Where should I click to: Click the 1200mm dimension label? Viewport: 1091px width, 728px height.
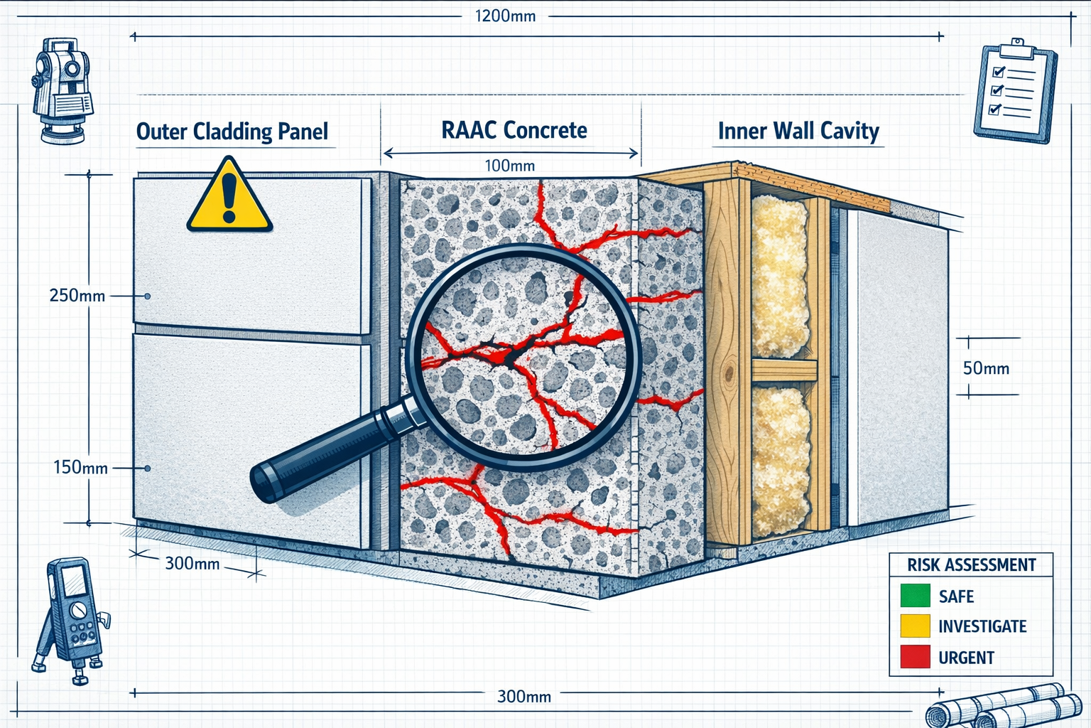[505, 16]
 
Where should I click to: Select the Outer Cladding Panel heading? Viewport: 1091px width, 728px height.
[232, 132]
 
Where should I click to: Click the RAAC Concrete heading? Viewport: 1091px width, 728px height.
[514, 130]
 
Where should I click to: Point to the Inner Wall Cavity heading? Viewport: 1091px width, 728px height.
[798, 131]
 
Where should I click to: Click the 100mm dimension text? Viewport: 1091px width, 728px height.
[509, 166]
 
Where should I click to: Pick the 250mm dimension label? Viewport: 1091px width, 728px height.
[77, 295]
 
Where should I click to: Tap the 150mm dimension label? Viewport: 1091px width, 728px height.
[80, 468]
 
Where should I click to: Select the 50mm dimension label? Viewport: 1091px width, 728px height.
[986, 368]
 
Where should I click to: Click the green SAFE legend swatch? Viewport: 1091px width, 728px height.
[915, 596]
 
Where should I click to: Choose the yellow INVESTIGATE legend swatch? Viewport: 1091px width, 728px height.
[915, 626]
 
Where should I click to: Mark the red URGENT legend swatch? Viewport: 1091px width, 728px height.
[915, 657]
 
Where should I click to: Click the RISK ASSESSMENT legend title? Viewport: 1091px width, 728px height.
[971, 565]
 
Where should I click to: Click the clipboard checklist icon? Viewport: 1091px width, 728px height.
[1014, 90]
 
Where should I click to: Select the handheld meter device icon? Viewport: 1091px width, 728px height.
[71, 619]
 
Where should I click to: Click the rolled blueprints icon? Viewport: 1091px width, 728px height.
[1002, 707]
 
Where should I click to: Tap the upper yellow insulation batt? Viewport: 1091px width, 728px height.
[780, 277]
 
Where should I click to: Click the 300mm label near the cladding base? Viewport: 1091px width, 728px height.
[192, 564]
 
